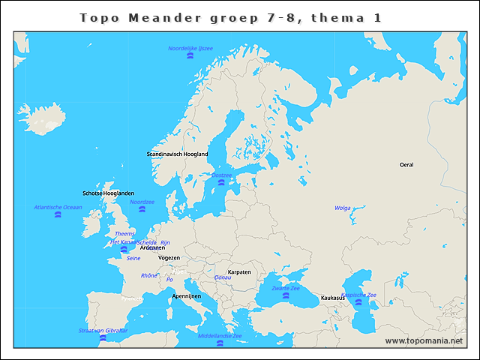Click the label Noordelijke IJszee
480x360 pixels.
pyautogui.click(x=190, y=48)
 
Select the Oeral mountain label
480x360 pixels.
pyautogui.click(x=406, y=164)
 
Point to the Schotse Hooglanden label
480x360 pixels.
pyautogui.click(x=108, y=193)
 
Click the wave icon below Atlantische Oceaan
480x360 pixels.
pyautogui.click(x=58, y=215)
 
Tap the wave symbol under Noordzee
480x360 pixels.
pyautogui.click(x=142, y=210)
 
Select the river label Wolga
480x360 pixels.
pyautogui.click(x=342, y=208)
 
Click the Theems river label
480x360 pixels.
pyautogui.click(x=124, y=234)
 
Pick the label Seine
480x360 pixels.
pyautogui.click(x=133, y=258)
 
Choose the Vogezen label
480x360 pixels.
pyautogui.click(x=169, y=257)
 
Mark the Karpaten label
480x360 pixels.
pyautogui.click(x=238, y=271)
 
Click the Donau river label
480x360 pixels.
pyautogui.click(x=223, y=277)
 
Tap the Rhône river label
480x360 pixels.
pyautogui.click(x=149, y=275)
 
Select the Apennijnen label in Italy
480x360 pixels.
pyautogui.click(x=186, y=296)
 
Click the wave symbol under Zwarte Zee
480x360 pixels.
pyautogui.click(x=286, y=296)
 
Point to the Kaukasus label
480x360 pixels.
pyautogui.click(x=333, y=298)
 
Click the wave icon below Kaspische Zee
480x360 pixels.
pyautogui.click(x=358, y=302)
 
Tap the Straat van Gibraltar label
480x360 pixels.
pyautogui.click(x=103, y=330)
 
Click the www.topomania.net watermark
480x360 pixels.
pyautogui.click(x=424, y=341)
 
